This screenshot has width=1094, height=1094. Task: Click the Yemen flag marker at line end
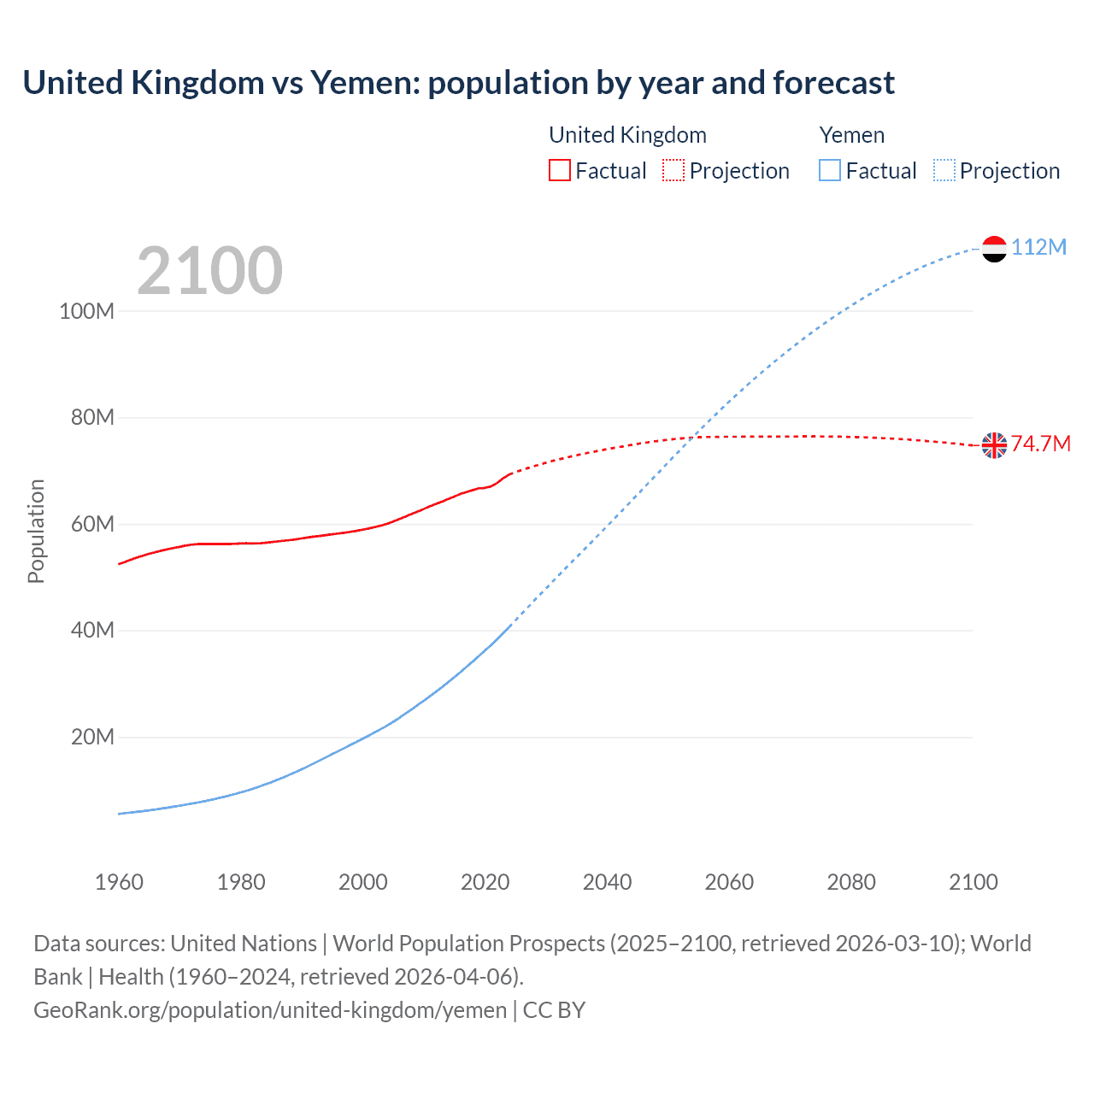(x=994, y=249)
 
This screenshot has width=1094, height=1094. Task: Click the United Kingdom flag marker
(x=994, y=445)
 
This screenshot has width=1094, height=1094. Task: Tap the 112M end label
(x=1038, y=248)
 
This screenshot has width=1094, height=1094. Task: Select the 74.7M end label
(x=1040, y=444)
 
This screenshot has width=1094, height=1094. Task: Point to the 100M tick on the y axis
(x=86, y=311)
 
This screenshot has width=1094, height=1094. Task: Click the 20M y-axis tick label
(x=91, y=737)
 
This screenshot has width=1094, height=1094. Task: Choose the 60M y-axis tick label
(x=91, y=524)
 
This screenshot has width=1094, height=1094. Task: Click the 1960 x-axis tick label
(x=119, y=882)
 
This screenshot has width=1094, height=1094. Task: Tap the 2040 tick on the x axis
(x=607, y=882)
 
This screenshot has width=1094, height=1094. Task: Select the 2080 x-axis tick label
(x=850, y=882)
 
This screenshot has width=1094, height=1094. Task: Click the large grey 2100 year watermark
(x=209, y=271)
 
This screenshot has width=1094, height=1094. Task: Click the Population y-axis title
(x=36, y=531)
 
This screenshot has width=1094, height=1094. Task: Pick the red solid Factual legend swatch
(x=559, y=170)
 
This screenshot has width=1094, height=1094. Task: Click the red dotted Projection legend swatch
(x=673, y=170)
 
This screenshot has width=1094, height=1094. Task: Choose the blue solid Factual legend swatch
(x=829, y=170)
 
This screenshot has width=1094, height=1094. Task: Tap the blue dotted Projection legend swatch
(x=944, y=170)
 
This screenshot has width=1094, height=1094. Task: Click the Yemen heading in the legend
(x=851, y=135)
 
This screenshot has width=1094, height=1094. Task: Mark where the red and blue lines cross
(x=692, y=438)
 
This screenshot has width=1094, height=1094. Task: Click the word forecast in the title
(x=833, y=83)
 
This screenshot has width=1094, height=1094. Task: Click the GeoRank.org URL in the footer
(x=270, y=1010)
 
